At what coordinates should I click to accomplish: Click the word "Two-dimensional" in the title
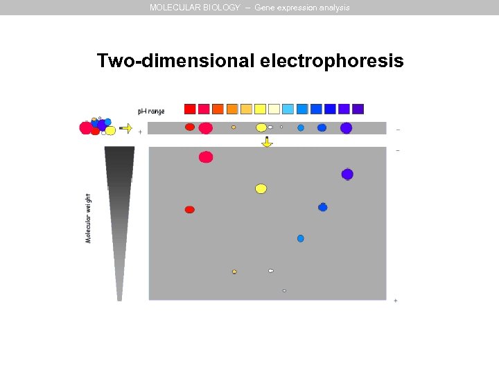click(x=176, y=61)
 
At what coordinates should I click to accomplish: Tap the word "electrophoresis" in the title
click(x=332, y=61)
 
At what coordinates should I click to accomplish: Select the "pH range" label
click(x=151, y=111)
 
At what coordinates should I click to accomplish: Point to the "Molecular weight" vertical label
click(x=88, y=217)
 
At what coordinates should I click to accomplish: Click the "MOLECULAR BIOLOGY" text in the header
click(x=195, y=8)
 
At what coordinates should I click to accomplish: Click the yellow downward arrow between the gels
click(x=267, y=142)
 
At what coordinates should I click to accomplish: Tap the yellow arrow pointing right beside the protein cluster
click(x=126, y=127)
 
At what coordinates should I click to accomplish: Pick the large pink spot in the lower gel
click(x=206, y=157)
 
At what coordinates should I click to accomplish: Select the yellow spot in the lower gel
click(x=261, y=188)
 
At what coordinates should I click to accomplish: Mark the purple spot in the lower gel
click(x=347, y=174)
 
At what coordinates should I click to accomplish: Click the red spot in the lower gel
click(x=190, y=210)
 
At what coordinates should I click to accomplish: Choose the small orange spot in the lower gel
click(x=234, y=271)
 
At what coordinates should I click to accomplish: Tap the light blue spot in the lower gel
click(x=301, y=238)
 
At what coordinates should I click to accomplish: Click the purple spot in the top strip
click(x=346, y=127)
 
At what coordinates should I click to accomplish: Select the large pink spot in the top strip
click(x=206, y=128)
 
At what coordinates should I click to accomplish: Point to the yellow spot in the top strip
click(x=261, y=127)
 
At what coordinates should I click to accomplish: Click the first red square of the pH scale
click(x=190, y=109)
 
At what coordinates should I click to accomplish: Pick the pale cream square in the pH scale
click(x=274, y=109)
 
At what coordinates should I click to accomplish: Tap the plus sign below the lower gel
click(x=395, y=301)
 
